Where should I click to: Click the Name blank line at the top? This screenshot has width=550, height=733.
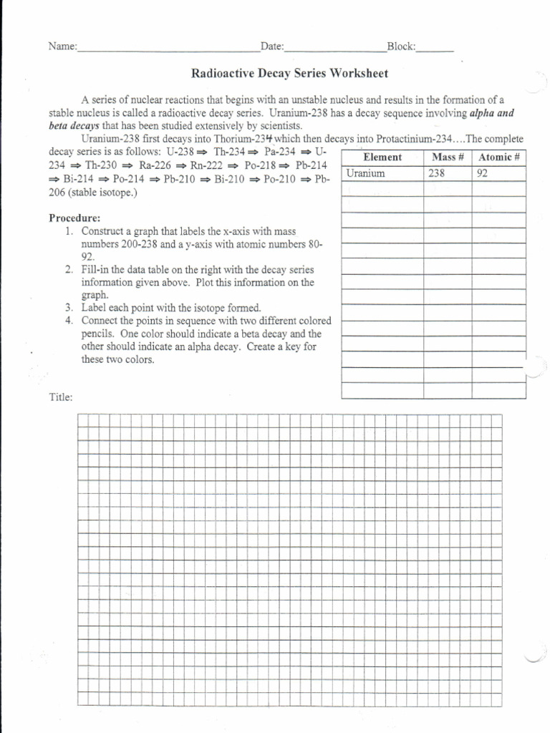pyautogui.click(x=168, y=49)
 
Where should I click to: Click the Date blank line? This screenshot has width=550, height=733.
pyautogui.click(x=335, y=49)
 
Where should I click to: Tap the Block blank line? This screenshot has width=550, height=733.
pyautogui.click(x=435, y=49)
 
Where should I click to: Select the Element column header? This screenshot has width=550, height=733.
pyautogui.click(x=382, y=157)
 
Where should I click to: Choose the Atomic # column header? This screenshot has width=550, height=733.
pyautogui.click(x=498, y=157)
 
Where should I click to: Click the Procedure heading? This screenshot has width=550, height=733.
pyautogui.click(x=74, y=218)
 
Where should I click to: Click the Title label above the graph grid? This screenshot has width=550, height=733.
pyautogui.click(x=60, y=397)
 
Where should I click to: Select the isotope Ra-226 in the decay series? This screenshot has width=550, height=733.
pyautogui.click(x=156, y=165)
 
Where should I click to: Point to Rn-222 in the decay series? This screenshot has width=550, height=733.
pyautogui.click(x=208, y=165)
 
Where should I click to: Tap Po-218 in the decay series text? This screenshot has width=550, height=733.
pyautogui.click(x=261, y=165)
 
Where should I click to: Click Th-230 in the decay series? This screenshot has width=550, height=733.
pyautogui.click(x=102, y=165)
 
